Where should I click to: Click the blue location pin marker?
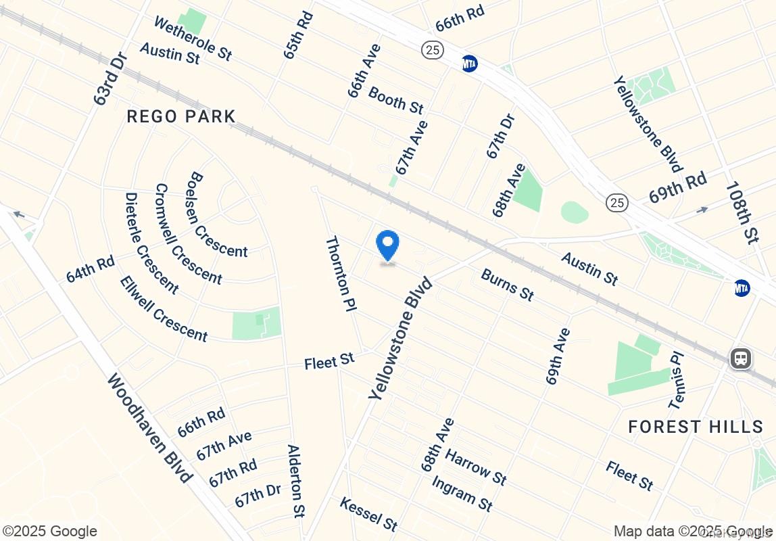pyautogui.click(x=387, y=245)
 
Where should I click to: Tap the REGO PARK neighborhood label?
pyautogui.click(x=181, y=117)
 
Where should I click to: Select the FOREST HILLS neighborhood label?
pyautogui.click(x=696, y=427)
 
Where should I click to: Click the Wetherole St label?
pyautogui.click(x=193, y=39)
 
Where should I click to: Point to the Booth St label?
pyautogui.click(x=396, y=99)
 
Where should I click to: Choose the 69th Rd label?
pyautogui.click(x=677, y=187)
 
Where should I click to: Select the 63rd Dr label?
pyautogui.click(x=111, y=80)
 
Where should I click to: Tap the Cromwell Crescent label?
pyautogui.click(x=188, y=233)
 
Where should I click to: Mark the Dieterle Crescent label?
pyautogui.click(x=151, y=243)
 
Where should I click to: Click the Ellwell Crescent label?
pyautogui.click(x=164, y=308)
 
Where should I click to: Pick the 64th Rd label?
pyautogui.click(x=91, y=268)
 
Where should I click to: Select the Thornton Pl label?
pyautogui.click(x=341, y=273)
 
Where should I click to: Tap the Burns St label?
pyautogui.click(x=508, y=284)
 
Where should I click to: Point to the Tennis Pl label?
pyautogui.click(x=677, y=380)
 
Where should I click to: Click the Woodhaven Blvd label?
pyautogui.click(x=149, y=427)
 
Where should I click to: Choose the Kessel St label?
pyautogui.click(x=368, y=514)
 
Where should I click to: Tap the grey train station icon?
pyautogui.click(x=741, y=358)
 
